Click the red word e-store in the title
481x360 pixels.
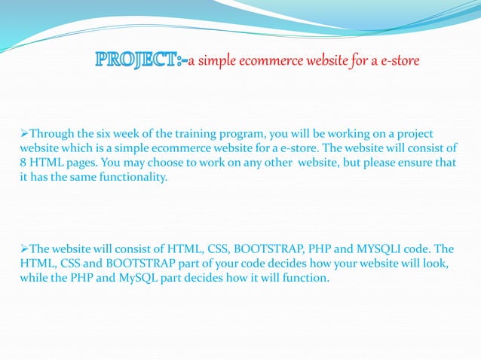tap(397, 60)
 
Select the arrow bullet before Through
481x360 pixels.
tap(24, 133)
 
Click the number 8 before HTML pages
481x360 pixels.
tap(23, 163)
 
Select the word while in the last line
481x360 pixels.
tap(34, 278)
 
